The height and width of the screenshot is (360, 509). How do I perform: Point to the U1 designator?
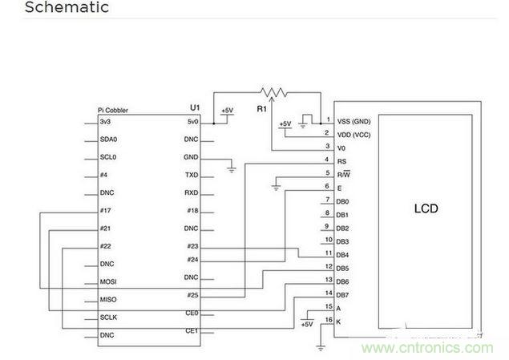pos(194,107)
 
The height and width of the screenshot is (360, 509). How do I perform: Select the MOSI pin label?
pos(109,281)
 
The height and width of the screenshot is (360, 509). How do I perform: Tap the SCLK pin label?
pos(109,318)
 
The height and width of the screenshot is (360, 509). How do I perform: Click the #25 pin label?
pos(192,296)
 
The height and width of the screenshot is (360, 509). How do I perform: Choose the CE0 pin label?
pos(192,313)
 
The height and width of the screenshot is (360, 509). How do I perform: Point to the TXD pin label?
pos(192,175)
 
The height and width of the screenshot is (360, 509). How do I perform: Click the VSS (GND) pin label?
pos(354,121)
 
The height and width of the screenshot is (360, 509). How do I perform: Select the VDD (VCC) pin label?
pos(354,134)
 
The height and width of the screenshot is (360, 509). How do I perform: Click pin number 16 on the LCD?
pos(327,320)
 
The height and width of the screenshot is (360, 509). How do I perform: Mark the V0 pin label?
pos(342,148)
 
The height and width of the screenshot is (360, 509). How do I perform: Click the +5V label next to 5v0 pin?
pos(227,110)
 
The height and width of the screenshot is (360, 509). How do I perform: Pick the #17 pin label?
pos(106,211)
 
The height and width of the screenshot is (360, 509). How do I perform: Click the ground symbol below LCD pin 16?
pos(321,346)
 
